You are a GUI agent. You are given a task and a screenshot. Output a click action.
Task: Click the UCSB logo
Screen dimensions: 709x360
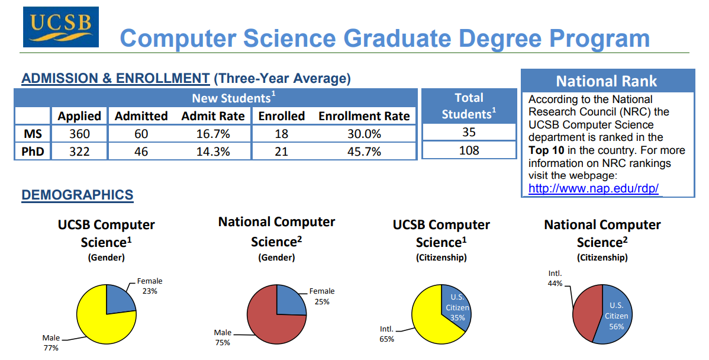click(x=60, y=27)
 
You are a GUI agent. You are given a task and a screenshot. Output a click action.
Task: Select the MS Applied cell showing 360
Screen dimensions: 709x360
click(x=79, y=134)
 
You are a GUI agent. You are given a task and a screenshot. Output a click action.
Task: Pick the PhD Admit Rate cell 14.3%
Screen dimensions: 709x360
click(x=213, y=152)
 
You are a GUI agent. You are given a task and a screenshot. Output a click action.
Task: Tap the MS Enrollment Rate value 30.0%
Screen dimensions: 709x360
click(x=364, y=134)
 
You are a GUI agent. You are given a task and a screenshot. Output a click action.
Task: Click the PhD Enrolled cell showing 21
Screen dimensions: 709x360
click(x=281, y=152)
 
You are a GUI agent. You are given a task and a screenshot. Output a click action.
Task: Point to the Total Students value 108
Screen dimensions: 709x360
click(x=469, y=150)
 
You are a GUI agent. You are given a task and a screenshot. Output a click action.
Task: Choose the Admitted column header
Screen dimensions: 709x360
click(x=141, y=116)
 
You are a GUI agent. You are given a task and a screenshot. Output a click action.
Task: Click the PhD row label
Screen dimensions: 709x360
click(x=33, y=152)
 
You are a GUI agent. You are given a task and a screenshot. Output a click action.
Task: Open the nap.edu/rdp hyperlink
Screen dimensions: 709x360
click(x=593, y=188)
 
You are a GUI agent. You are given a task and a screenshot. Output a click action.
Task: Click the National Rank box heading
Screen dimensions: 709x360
click(x=607, y=81)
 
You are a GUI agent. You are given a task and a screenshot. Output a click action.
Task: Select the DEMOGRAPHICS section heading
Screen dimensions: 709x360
click(x=78, y=195)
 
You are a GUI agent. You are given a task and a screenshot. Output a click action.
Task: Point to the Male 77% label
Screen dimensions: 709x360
click(x=51, y=343)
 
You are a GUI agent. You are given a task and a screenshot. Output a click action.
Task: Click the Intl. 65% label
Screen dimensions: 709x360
click(x=386, y=334)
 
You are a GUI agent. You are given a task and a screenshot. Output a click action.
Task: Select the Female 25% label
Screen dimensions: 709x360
click(x=322, y=296)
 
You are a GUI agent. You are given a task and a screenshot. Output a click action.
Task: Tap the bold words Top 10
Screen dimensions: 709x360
click(x=546, y=150)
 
